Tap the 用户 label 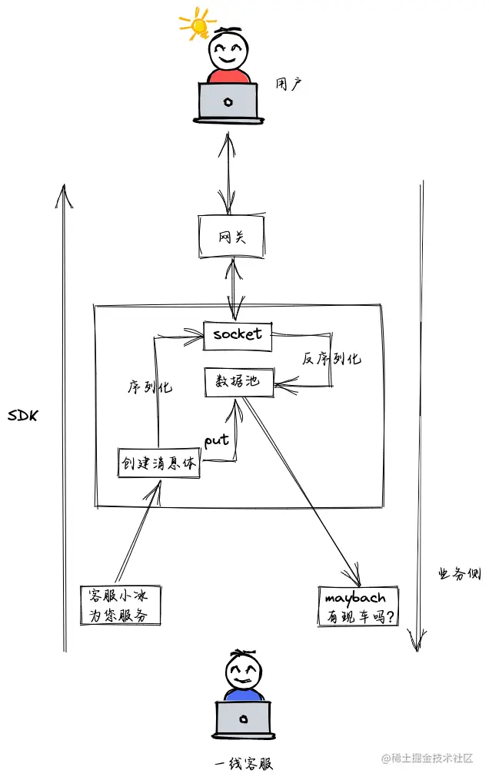click(x=288, y=83)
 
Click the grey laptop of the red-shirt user click(x=228, y=101)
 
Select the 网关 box click(x=231, y=237)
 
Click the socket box click(x=238, y=334)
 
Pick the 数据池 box click(x=239, y=382)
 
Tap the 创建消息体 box click(x=158, y=463)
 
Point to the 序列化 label click(x=150, y=387)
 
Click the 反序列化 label click(x=331, y=358)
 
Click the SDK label click(x=24, y=416)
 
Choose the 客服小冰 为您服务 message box click(x=121, y=605)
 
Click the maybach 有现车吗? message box click(x=358, y=606)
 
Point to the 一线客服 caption click(x=243, y=764)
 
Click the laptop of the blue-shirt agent click(x=243, y=719)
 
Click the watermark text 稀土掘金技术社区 click(x=433, y=758)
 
